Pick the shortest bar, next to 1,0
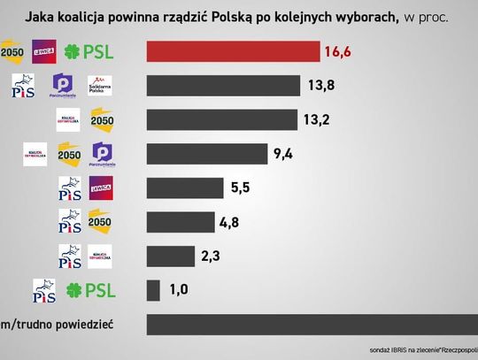152,289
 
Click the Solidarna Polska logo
100,86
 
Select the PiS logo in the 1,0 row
44,289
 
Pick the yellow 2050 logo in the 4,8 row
100,222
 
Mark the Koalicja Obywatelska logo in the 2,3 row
100,256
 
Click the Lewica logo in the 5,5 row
100,188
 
